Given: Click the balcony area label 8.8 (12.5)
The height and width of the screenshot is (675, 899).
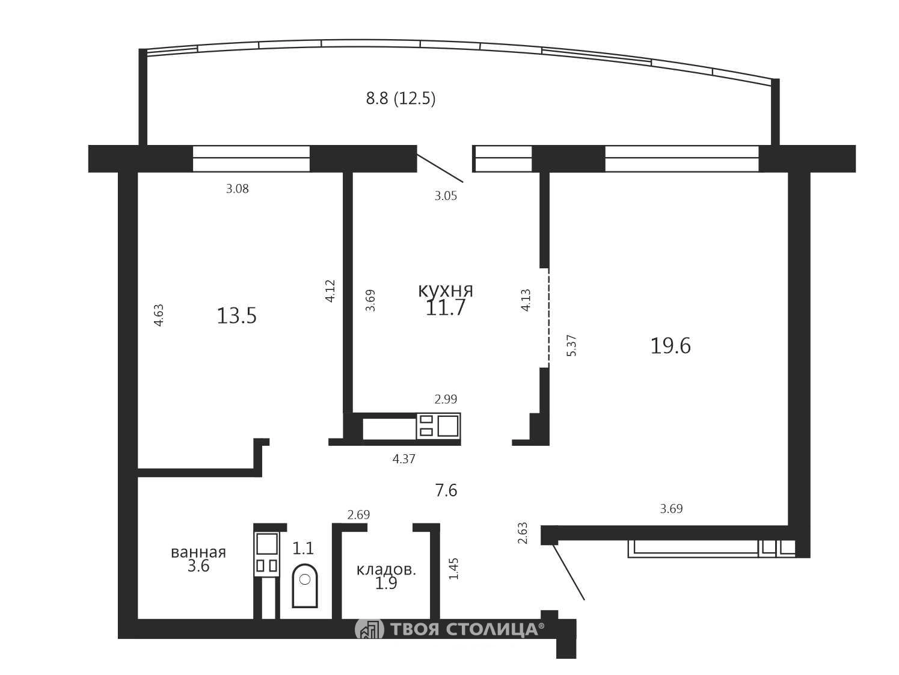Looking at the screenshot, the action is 400,99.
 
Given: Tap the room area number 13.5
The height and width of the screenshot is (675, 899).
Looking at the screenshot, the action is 236,316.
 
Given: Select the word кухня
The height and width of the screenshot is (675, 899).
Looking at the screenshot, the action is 446,291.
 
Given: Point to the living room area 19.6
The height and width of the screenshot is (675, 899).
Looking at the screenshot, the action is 670,346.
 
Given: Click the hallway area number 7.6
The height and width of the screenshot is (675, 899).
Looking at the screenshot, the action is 446,490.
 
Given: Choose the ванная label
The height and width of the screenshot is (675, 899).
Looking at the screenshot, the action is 198,552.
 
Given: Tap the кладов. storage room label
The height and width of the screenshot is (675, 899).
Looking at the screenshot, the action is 386,570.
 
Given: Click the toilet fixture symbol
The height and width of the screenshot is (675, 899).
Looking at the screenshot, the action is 305,586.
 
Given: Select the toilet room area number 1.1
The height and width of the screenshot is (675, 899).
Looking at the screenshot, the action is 302,548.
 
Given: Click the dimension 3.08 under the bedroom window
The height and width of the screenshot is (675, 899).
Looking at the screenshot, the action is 238,189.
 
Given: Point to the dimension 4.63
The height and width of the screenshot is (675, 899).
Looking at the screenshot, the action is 159,315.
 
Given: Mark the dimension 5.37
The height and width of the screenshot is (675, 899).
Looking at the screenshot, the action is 571,345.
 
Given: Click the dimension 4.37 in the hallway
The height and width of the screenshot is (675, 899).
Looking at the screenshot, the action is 404,459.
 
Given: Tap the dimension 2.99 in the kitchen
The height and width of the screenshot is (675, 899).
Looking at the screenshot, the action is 446,399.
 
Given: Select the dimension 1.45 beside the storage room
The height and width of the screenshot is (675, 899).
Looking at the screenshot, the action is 454,569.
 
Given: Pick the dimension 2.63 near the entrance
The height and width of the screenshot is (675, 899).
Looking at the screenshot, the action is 523,533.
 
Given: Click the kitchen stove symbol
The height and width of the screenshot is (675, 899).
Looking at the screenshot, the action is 438,426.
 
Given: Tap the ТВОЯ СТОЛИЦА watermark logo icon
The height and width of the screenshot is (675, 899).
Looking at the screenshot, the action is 369,629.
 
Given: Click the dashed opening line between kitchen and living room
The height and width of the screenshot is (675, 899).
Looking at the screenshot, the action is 549,318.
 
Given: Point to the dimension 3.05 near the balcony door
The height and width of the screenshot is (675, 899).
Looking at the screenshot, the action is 446,196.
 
